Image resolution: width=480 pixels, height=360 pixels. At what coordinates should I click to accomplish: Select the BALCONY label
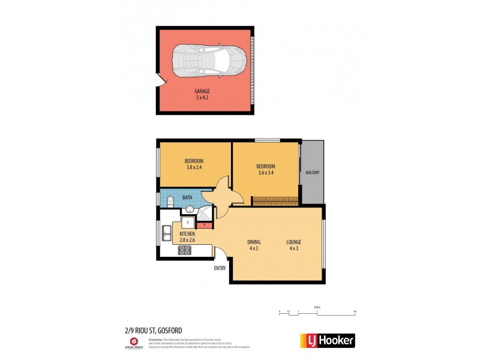click(312, 173)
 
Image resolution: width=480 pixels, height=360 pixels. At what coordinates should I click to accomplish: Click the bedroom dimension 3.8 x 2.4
click(194, 167)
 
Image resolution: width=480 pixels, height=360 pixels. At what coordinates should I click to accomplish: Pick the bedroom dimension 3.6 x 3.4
click(265, 173)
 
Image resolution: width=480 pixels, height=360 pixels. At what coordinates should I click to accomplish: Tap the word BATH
click(187, 197)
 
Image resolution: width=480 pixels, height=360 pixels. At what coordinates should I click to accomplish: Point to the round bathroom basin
click(190, 209)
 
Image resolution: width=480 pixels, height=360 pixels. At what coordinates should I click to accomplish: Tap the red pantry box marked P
click(204, 225)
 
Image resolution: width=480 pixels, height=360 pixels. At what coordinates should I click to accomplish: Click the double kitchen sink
click(167, 233)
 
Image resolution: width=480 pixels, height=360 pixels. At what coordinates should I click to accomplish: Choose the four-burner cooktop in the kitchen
click(185, 250)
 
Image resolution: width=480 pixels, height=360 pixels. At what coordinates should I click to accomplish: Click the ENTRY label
click(220, 268)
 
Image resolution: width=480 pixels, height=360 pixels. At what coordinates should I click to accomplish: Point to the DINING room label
click(254, 242)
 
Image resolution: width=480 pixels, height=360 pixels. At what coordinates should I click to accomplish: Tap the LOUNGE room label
click(293, 242)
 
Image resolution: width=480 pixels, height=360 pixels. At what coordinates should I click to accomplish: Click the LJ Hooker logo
click(327, 341)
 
